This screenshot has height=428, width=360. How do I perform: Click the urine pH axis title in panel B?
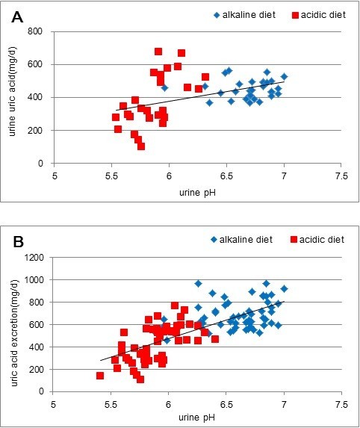[x=197, y=415]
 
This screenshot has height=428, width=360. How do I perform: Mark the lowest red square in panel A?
[x=140, y=146]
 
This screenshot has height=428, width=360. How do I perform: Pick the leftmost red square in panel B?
[x=100, y=376]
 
